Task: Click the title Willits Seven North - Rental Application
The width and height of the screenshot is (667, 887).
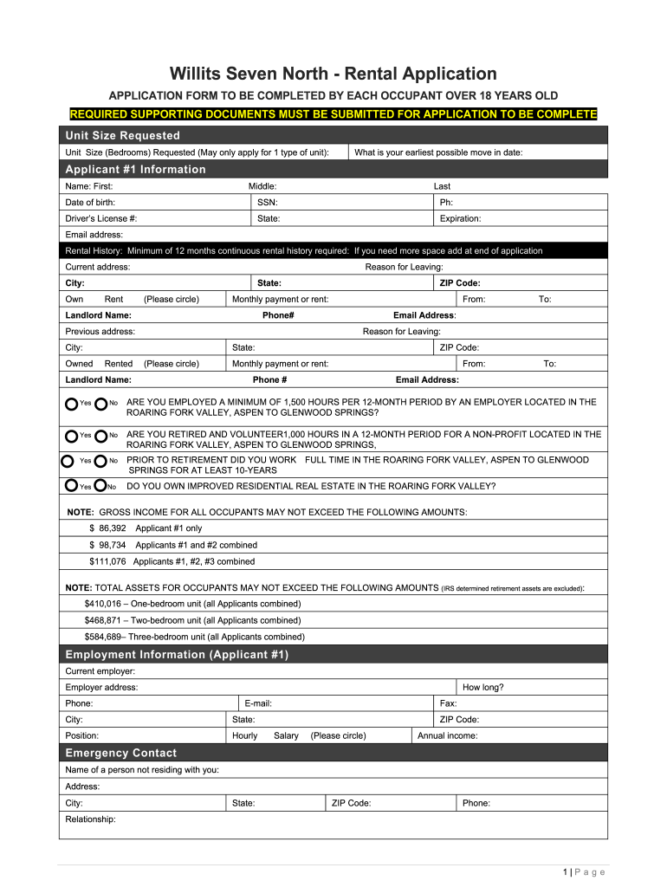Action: pyautogui.click(x=333, y=74)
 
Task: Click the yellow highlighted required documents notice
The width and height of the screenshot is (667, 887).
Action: pyautogui.click(x=333, y=114)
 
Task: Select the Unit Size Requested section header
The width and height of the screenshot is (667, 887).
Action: pyautogui.click(x=123, y=135)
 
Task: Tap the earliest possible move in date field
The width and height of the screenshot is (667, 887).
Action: pyautogui.click(x=438, y=152)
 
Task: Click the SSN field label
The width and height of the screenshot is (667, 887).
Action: pyautogui.click(x=267, y=202)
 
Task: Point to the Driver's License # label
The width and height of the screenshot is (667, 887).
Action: pyautogui.click(x=101, y=218)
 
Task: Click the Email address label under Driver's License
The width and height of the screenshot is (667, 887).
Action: pyautogui.click(x=94, y=235)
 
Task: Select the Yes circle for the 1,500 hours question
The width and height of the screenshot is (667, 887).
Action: pyautogui.click(x=71, y=403)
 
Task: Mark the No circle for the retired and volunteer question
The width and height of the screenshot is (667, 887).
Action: pyautogui.click(x=101, y=435)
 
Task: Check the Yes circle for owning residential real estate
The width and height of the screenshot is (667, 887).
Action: pyautogui.click(x=71, y=486)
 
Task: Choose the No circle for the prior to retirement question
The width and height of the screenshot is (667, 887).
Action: pyautogui.click(x=101, y=461)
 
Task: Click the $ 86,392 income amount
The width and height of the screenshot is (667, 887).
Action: pyautogui.click(x=107, y=528)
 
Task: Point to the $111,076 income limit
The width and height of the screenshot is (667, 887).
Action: pyautogui.click(x=107, y=561)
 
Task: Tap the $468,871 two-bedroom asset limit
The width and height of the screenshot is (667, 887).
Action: pyautogui.click(x=103, y=620)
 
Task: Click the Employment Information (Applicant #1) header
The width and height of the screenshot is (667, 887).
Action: pyautogui.click(x=177, y=654)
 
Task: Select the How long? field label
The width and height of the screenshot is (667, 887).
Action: pyautogui.click(x=482, y=687)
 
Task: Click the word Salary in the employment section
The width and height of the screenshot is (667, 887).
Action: pyautogui.click(x=286, y=735)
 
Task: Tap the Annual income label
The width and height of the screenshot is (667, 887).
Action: pyautogui.click(x=447, y=735)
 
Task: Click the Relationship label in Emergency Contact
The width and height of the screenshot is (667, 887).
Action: pyautogui.click(x=90, y=819)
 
